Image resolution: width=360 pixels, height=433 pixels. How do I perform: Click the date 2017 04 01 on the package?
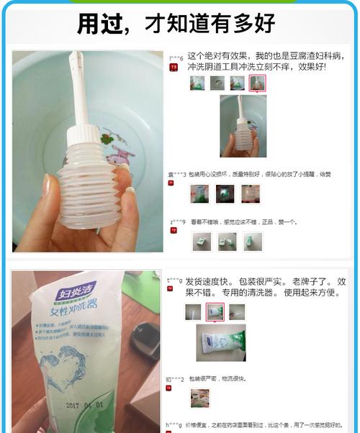coord(84,405)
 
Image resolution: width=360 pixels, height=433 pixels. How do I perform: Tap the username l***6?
coord(176,57)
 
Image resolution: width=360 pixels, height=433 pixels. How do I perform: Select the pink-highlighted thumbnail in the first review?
coord(256,83)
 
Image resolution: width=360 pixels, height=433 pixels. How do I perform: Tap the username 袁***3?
coord(177,173)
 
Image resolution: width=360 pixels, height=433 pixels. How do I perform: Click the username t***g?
coord(174,280)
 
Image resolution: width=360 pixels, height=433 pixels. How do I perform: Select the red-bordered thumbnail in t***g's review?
coord(215,311)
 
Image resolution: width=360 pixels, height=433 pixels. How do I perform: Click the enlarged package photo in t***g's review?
coord(221,342)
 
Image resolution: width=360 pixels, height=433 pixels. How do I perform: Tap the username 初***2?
coord(176,379)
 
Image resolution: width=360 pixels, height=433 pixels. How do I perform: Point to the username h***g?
coord(174,424)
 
